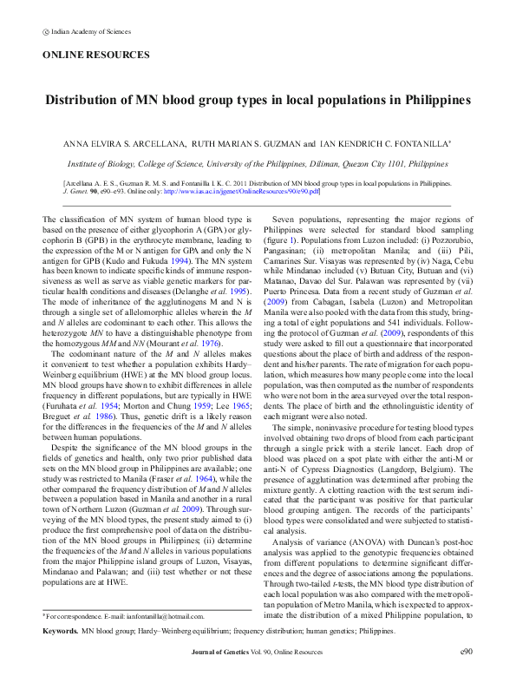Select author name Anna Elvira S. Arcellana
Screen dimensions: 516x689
point(126,142)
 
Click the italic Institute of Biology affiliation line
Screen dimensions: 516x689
point(258,162)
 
